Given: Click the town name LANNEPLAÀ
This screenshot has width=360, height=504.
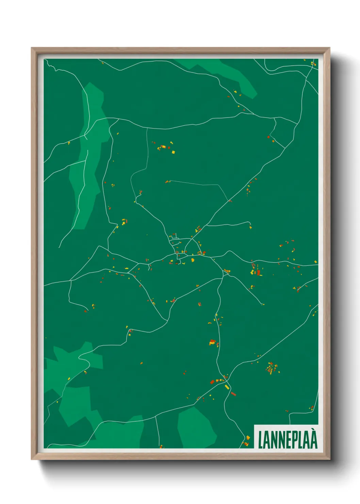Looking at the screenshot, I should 288,440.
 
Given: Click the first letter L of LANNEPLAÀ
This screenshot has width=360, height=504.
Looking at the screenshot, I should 261,440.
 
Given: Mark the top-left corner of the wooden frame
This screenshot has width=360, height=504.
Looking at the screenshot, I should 32,48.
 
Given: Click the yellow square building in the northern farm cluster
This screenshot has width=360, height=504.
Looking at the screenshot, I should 173,152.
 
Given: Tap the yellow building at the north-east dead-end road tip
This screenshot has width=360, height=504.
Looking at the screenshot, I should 251,227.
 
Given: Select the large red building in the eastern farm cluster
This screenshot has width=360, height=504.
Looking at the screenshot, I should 258,272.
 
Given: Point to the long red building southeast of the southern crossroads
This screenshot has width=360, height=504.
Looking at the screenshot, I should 233,394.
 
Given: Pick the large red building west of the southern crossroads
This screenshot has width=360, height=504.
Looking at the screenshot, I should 212,382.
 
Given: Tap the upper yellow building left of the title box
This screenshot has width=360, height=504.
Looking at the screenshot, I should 248,438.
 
